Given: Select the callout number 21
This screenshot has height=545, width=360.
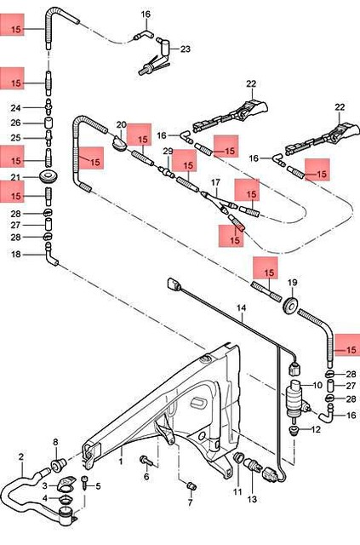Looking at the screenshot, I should coord(15,177).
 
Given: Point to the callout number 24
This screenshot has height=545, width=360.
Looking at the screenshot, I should coord(15,108).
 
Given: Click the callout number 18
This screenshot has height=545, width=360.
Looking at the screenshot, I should coord(15,254).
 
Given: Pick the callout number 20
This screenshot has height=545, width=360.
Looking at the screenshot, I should coord(121,124).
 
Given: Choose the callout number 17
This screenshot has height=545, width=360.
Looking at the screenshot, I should coord(215,183).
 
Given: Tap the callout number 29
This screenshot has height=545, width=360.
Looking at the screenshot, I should coord(168,151).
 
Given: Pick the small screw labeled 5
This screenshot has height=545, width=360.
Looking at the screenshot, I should coord(87,486).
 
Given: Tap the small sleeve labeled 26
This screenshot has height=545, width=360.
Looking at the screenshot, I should coord(49,123).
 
